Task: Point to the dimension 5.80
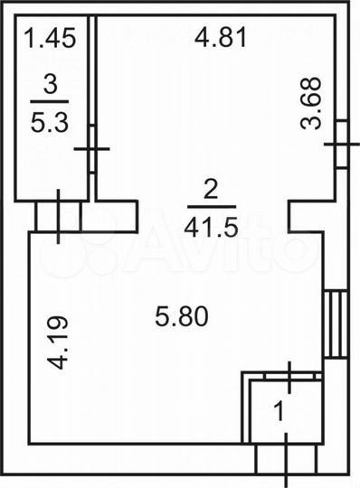(182, 316)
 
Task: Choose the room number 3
(50, 85)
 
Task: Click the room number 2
(211, 191)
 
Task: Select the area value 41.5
(211, 227)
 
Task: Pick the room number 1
(279, 411)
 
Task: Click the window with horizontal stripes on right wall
(336, 323)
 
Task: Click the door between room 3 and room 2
(91, 149)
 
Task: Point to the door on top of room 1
(289, 375)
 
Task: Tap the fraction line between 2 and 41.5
(211, 208)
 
